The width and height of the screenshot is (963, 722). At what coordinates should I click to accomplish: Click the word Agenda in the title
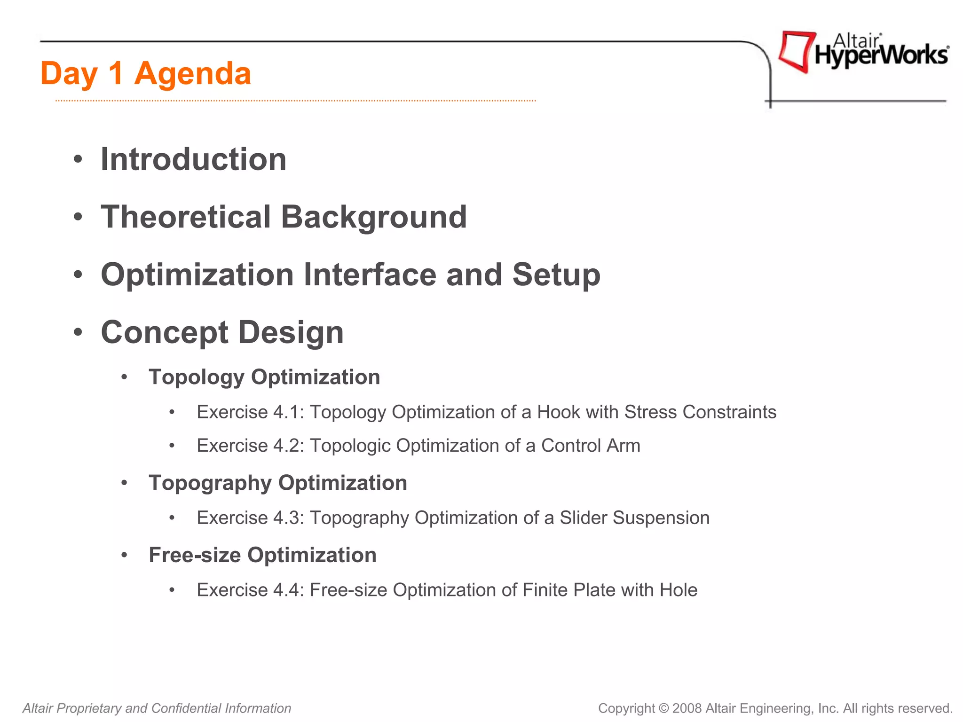pyautogui.click(x=192, y=74)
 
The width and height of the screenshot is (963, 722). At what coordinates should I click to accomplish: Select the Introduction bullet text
pyautogui.click(x=193, y=159)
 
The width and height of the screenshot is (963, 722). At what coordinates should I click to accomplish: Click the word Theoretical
pyautogui.click(x=186, y=217)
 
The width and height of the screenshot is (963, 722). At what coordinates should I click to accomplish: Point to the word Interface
pyautogui.click(x=370, y=275)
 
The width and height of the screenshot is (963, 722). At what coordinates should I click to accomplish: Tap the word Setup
pyautogui.click(x=556, y=275)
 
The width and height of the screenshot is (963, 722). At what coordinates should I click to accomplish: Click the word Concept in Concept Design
pyautogui.click(x=165, y=332)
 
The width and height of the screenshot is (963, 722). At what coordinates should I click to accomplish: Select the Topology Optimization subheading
pyautogui.click(x=264, y=377)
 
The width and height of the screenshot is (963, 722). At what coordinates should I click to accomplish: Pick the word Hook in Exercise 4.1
pyautogui.click(x=558, y=412)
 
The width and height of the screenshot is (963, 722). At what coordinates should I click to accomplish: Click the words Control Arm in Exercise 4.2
pyautogui.click(x=591, y=446)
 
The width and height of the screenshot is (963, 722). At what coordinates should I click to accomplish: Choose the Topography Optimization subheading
pyautogui.click(x=278, y=483)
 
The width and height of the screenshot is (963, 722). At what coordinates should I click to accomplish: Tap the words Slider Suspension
pyautogui.click(x=634, y=518)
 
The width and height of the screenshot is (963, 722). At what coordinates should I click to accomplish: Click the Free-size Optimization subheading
pyautogui.click(x=262, y=555)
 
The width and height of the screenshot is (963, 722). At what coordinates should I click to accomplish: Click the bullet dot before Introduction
pyautogui.click(x=78, y=159)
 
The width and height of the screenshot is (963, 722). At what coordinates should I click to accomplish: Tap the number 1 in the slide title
pyautogui.click(x=115, y=74)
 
